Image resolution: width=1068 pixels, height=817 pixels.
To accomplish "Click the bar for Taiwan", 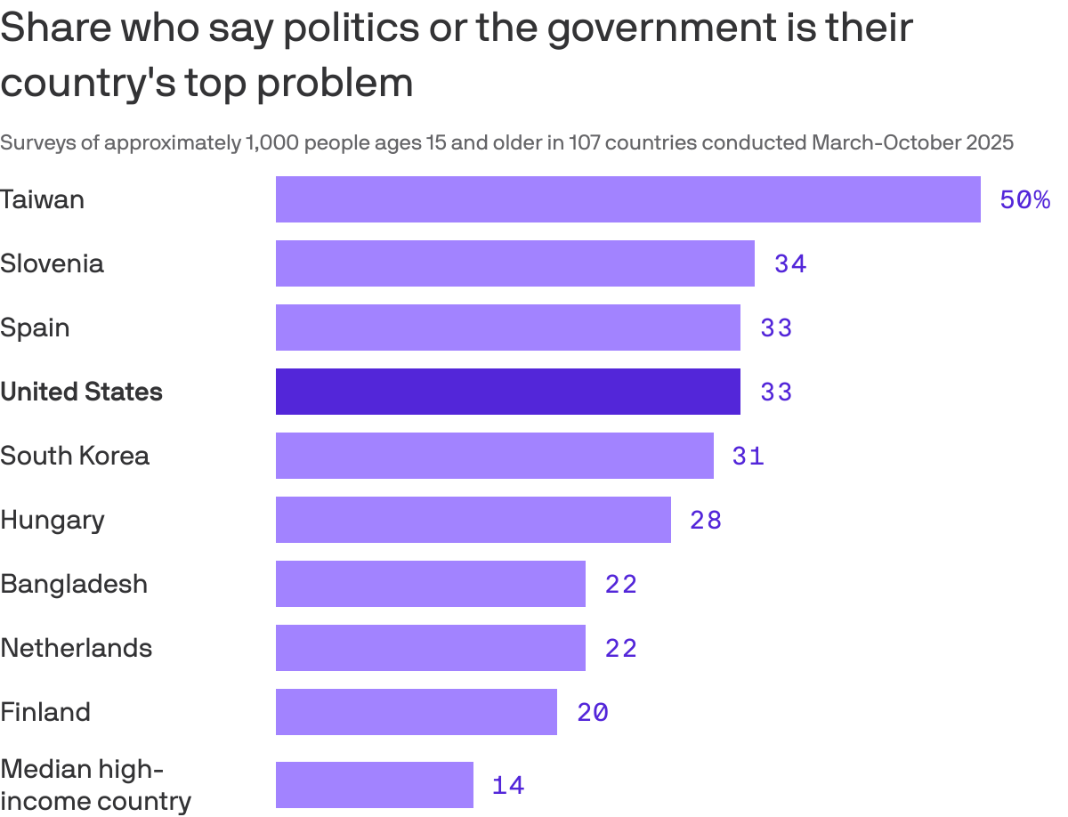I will pyautogui.click(x=627, y=199).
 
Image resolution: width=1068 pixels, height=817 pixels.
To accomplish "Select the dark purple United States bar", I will pyautogui.click(x=507, y=392).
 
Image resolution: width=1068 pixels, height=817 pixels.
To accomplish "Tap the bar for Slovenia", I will pyautogui.click(x=514, y=263).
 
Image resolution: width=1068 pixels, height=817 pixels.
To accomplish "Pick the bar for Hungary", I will pyautogui.click(x=473, y=520).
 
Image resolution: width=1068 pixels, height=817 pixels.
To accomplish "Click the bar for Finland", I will pyautogui.click(x=416, y=712).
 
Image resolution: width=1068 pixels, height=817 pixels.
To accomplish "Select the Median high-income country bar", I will pyautogui.click(x=374, y=785).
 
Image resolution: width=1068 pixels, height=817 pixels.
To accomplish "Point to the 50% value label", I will pyautogui.click(x=1024, y=200).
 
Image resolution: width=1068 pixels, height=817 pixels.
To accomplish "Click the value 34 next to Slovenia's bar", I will pyautogui.click(x=790, y=264).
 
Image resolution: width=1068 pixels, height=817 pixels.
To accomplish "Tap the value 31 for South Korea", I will pyautogui.click(x=748, y=457).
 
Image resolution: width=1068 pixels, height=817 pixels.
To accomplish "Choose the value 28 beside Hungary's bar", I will pyautogui.click(x=706, y=521).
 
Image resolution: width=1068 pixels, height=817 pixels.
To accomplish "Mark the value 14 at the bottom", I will pyautogui.click(x=508, y=786).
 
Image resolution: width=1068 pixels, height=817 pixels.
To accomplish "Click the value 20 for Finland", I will pyautogui.click(x=593, y=713).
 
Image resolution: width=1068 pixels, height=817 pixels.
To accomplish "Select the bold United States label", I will pyautogui.click(x=81, y=392).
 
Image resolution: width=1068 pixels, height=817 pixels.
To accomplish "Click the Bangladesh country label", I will pyautogui.click(x=74, y=584).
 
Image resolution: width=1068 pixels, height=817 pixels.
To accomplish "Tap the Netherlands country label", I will pyautogui.click(x=76, y=648).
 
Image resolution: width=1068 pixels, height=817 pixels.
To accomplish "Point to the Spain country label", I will pyautogui.click(x=35, y=328).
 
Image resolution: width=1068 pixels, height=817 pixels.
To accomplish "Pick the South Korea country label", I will pyautogui.click(x=75, y=456).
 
